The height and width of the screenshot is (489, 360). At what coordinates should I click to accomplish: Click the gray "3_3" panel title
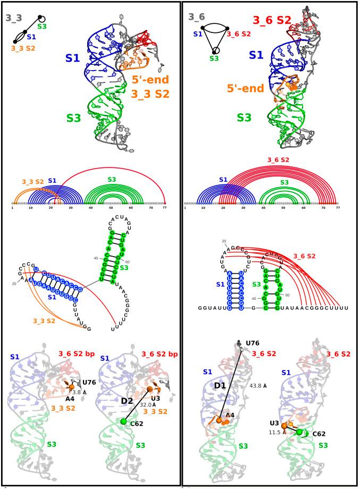click(14, 18)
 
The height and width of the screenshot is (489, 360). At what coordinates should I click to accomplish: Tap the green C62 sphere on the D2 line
click(123, 421)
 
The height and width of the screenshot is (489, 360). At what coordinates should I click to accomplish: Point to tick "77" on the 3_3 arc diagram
click(165, 208)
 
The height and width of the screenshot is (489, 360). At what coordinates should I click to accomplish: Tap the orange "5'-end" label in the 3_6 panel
click(243, 88)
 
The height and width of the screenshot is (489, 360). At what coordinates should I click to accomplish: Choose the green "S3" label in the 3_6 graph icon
click(214, 58)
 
